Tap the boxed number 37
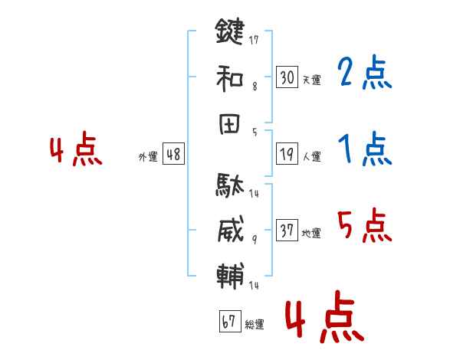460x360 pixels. tap(287, 231)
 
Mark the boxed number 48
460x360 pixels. tap(173, 155)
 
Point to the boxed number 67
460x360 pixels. tap(229, 322)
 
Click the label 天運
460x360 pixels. tap(311, 78)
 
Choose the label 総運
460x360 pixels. tap(255, 325)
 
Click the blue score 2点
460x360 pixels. tap(366, 74)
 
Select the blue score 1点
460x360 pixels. tap(366, 149)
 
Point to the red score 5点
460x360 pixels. tap(366, 225)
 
